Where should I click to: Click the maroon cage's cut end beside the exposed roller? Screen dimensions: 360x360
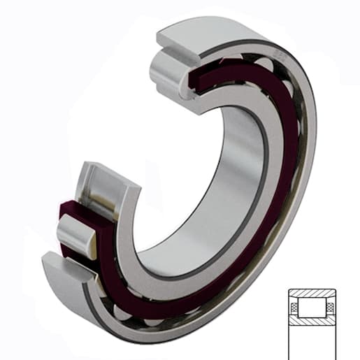point(70,209)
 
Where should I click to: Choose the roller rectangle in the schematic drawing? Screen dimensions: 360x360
point(313,308)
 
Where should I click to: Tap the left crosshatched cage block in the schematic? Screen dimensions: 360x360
point(296,308)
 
